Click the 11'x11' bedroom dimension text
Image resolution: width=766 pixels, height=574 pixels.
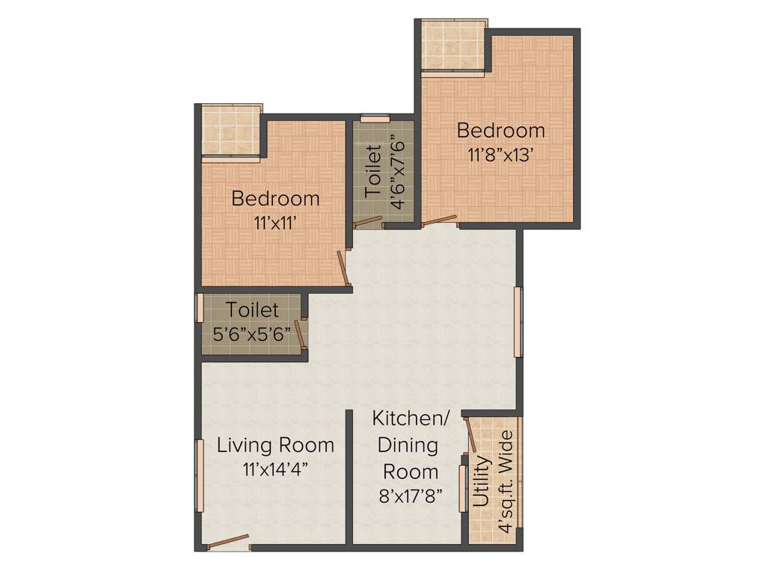click(x=275, y=222)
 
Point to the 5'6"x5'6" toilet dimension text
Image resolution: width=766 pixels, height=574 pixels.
click(x=252, y=334)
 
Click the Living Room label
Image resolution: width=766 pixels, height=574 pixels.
click(x=275, y=445)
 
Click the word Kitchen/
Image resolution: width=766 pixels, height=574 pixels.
click(x=411, y=419)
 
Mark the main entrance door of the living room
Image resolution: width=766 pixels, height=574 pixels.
click(x=228, y=541)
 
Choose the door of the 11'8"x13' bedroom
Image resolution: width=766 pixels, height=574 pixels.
click(x=439, y=220)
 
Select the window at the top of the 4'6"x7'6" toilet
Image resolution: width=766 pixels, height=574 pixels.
click(x=375, y=117)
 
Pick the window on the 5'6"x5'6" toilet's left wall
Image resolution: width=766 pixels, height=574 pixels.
click(x=200, y=307)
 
